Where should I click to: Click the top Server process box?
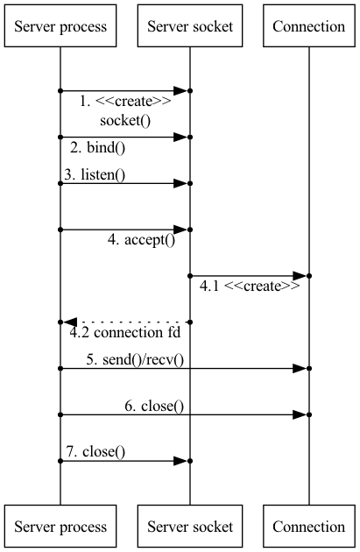coord(60,25)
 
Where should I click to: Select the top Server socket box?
coord(190,25)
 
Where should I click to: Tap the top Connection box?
coord(309,25)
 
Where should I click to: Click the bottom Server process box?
coord(60,526)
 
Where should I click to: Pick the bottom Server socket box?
coord(190,526)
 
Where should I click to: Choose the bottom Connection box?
coord(309,526)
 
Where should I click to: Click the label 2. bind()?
coord(97,147)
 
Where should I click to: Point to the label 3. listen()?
coord(95,174)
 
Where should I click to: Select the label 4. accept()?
coord(141,240)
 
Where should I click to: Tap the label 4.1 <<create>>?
coord(250,286)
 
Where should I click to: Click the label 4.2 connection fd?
coord(125,332)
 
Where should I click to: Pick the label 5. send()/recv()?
coord(135,360)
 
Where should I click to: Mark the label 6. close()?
coord(154,407)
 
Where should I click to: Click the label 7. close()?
coord(95,451)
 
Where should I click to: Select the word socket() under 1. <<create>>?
coord(125,121)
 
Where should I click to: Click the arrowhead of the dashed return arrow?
coord(70,322)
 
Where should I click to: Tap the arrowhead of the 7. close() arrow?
coord(180,461)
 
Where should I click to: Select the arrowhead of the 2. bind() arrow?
coord(180,137)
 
